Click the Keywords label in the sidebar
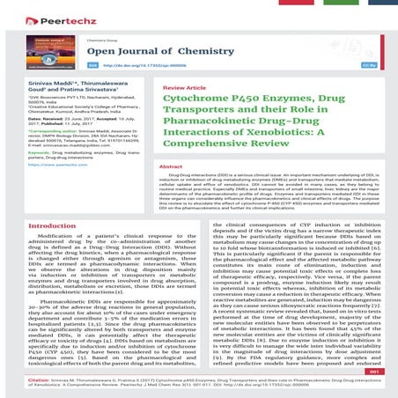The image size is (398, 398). coord(21,151)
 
